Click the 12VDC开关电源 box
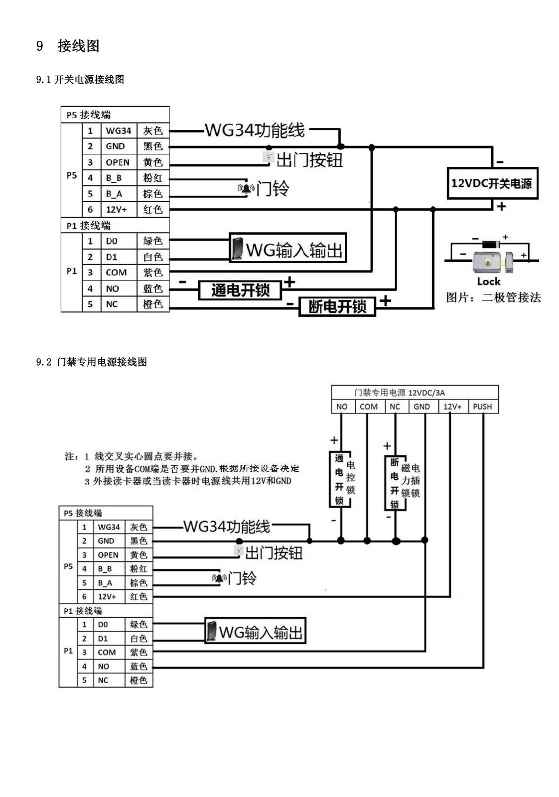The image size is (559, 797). point(492,183)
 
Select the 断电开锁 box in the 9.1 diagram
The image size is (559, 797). point(337,306)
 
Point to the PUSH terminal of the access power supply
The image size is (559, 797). point(482,406)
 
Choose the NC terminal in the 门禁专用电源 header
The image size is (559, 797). point(395,406)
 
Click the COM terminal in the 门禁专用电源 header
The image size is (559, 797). point(369,406)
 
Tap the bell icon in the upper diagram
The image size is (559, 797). point(246,188)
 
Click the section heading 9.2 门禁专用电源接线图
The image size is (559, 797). point(92,362)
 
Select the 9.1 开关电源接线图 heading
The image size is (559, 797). point(80,80)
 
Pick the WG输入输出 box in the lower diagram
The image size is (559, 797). point(255,632)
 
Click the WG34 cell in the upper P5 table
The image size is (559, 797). point(119,131)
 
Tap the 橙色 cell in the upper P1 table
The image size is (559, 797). point(153,304)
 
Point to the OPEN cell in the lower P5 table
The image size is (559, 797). point(108,555)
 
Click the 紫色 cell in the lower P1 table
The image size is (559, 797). point(139,653)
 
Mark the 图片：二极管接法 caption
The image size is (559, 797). point(493,297)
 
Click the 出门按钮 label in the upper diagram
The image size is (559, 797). point(309,160)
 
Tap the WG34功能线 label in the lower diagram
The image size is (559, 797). point(227,527)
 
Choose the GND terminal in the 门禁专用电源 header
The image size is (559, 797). point(421,406)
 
